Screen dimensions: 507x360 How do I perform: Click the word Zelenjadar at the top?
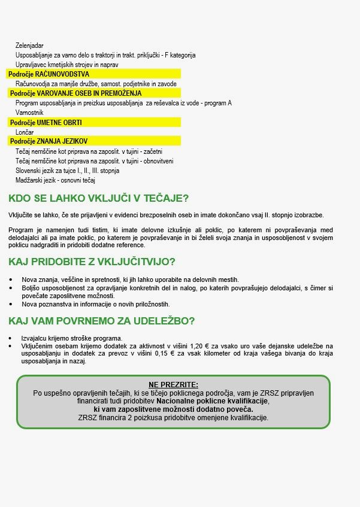tap(29, 45)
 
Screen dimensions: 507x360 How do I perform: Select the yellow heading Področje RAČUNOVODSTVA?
tap(49, 74)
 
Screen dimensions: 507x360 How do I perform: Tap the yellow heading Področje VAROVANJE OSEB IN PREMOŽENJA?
tap(75, 93)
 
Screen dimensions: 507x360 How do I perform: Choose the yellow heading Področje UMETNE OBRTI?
tap(46, 122)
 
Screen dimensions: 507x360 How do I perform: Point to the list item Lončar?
tap(25, 132)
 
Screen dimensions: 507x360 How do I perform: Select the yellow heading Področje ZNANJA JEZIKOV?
tap(49, 141)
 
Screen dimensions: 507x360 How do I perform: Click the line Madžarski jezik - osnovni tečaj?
tap(56, 180)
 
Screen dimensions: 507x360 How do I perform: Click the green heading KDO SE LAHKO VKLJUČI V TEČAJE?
tap(99, 199)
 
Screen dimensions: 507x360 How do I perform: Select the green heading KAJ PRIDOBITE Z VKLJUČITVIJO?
tap(92, 262)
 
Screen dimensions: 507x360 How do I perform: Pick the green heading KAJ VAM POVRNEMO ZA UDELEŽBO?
tap(101, 321)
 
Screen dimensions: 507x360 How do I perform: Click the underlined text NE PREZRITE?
tap(173, 384)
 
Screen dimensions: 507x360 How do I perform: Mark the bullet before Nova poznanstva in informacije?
tap(10, 304)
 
